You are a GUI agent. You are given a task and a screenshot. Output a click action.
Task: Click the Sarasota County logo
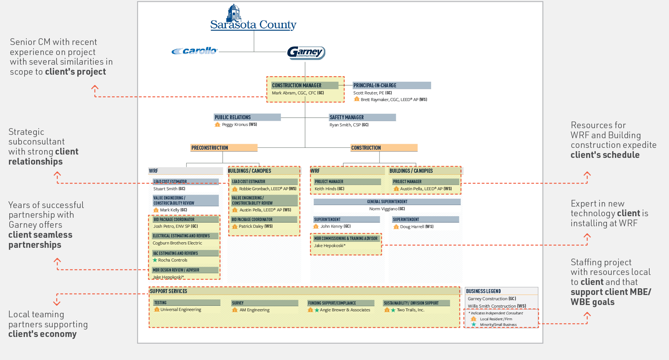(253, 19)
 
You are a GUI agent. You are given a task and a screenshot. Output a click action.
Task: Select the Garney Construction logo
(306, 52)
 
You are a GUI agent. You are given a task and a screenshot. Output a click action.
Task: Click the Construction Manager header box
(304, 85)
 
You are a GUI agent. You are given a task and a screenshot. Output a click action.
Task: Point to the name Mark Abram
(284, 93)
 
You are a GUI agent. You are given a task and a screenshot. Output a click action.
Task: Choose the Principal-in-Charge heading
(391, 85)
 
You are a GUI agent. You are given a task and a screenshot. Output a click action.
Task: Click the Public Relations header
(247, 117)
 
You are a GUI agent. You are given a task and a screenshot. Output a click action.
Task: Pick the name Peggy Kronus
(235, 125)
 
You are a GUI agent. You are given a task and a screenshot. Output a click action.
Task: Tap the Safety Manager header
(362, 117)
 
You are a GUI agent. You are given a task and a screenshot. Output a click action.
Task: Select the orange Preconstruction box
(224, 148)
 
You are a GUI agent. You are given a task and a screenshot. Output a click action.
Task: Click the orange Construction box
(384, 148)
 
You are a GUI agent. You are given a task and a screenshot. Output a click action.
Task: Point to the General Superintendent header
(387, 202)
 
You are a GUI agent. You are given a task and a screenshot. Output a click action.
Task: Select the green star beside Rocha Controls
(155, 260)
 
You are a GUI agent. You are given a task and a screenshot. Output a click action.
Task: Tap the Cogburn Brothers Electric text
(177, 243)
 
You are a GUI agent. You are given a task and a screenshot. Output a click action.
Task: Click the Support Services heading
(169, 291)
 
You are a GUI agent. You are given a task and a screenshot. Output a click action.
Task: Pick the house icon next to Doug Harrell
(396, 227)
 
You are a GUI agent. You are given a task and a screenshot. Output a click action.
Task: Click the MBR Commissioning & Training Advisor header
(346, 239)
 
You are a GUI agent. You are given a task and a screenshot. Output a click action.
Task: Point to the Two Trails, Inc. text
(410, 310)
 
